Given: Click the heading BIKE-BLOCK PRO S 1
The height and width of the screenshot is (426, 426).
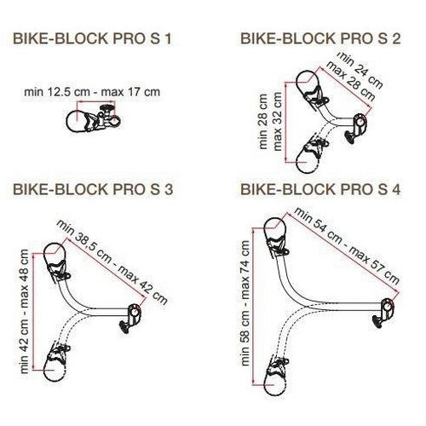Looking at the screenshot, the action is pyautogui.click(x=93, y=38).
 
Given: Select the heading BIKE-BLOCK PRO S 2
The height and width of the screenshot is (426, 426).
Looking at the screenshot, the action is pyautogui.click(x=320, y=38).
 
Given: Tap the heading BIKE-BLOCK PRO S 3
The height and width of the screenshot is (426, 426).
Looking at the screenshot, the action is pyautogui.click(x=93, y=189).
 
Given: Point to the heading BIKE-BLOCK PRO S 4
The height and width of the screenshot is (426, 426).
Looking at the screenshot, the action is pyautogui.click(x=320, y=189).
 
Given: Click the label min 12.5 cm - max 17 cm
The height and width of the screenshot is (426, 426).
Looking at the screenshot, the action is pyautogui.click(x=92, y=92).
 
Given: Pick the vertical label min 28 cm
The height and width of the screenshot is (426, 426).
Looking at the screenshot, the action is pyautogui.click(x=263, y=121).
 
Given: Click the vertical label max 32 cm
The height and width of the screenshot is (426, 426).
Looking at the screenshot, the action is pyautogui.click(x=277, y=121).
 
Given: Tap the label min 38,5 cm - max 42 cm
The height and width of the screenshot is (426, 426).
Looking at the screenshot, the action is pyautogui.click(x=112, y=262).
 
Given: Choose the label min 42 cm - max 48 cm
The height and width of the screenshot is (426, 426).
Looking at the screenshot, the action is pyautogui.click(x=24, y=311).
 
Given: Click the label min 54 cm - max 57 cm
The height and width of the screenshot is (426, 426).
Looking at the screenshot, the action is pyautogui.click(x=347, y=245).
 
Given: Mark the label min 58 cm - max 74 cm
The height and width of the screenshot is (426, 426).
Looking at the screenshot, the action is pyautogui.click(x=245, y=303).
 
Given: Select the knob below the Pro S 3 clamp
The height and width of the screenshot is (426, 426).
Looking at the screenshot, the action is pyautogui.click(x=124, y=327).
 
